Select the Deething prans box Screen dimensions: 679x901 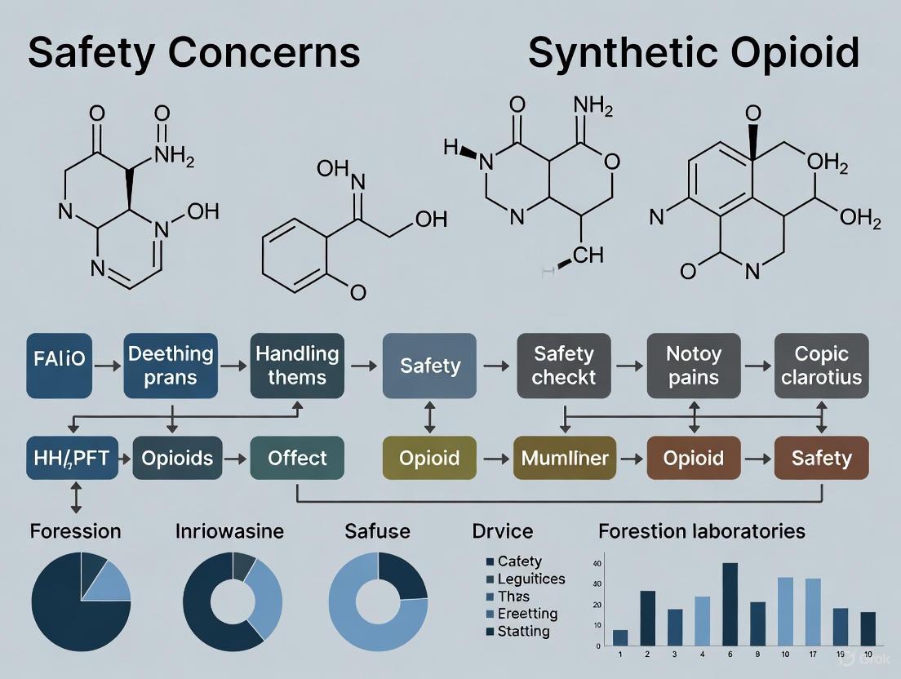(x=171, y=366)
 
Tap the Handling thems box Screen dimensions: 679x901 (x=297, y=366)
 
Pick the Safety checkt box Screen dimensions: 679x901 (x=563, y=366)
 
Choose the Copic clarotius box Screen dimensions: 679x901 (x=821, y=366)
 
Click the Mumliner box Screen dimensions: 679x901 (x=565, y=458)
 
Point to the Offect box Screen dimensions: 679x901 (x=297, y=458)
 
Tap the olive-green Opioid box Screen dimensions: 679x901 (x=429, y=458)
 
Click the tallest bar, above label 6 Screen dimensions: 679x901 (x=730, y=604)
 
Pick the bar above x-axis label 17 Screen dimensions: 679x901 (x=813, y=612)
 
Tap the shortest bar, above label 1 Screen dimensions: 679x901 (x=620, y=637)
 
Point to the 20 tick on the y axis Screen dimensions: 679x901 (x=597, y=605)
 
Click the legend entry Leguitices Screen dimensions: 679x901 (x=531, y=579)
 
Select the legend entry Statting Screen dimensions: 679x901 (x=523, y=631)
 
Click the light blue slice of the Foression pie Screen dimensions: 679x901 (x=109, y=581)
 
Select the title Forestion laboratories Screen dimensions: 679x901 (x=701, y=531)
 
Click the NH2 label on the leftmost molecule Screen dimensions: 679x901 (x=174, y=154)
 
